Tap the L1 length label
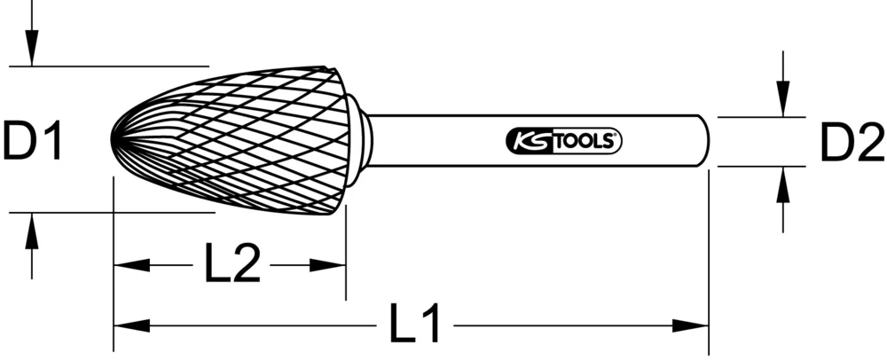coord(414,325)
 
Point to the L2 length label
coord(232,264)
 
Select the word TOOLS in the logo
coord(585,140)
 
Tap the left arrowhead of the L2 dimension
coord(125,264)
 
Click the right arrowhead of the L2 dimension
coord(334,264)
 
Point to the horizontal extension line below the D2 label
coord(761,166)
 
